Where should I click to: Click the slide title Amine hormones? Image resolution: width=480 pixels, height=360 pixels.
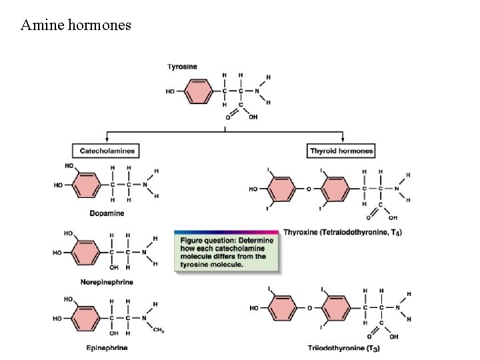coord(76,25)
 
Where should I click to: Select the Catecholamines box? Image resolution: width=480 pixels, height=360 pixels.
coord(107,151)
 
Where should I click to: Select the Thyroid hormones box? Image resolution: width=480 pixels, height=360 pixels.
coord(341,151)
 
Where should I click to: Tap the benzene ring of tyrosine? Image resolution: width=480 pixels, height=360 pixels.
coord(198,91)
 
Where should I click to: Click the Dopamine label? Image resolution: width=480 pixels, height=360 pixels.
coord(107,213)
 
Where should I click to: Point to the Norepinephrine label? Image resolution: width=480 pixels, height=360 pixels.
coord(106,282)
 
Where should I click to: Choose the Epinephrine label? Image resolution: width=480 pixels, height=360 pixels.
coord(107,348)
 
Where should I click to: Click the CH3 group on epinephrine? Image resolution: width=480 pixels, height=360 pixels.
coord(158,330)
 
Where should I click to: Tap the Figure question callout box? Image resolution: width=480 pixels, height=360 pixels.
coord(227,251)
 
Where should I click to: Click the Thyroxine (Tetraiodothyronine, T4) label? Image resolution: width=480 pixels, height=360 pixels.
coord(343,232)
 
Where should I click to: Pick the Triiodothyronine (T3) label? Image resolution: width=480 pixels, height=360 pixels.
coord(344,348)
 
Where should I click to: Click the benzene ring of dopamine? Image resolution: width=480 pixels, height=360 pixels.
coord(87,184)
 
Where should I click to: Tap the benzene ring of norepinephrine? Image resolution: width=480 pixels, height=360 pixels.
coord(87,253)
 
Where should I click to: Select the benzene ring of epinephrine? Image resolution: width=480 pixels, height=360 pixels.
coord(87,319)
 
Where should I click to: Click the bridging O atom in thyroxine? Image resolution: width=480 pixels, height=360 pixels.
coord(309,189)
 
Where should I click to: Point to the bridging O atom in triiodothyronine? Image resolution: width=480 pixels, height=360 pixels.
coord(309,308)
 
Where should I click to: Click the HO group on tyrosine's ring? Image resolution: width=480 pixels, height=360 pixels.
coord(171,91)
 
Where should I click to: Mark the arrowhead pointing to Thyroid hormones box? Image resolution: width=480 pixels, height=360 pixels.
coord(341,139)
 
